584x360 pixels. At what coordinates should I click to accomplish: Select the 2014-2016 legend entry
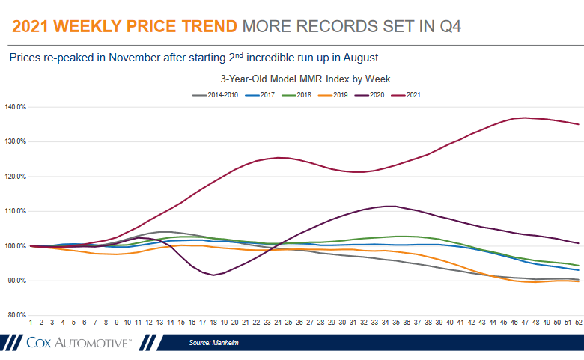[x=216, y=95]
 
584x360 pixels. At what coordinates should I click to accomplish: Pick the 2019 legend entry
[x=335, y=95]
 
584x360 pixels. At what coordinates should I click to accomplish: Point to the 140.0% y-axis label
[x=16, y=107]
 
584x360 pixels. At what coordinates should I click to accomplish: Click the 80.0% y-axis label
[x=17, y=315]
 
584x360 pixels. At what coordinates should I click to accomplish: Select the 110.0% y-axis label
[x=16, y=211]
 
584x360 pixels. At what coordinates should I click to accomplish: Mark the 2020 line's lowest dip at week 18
[x=213, y=275]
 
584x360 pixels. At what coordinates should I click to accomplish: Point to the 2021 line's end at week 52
[x=578, y=124]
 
